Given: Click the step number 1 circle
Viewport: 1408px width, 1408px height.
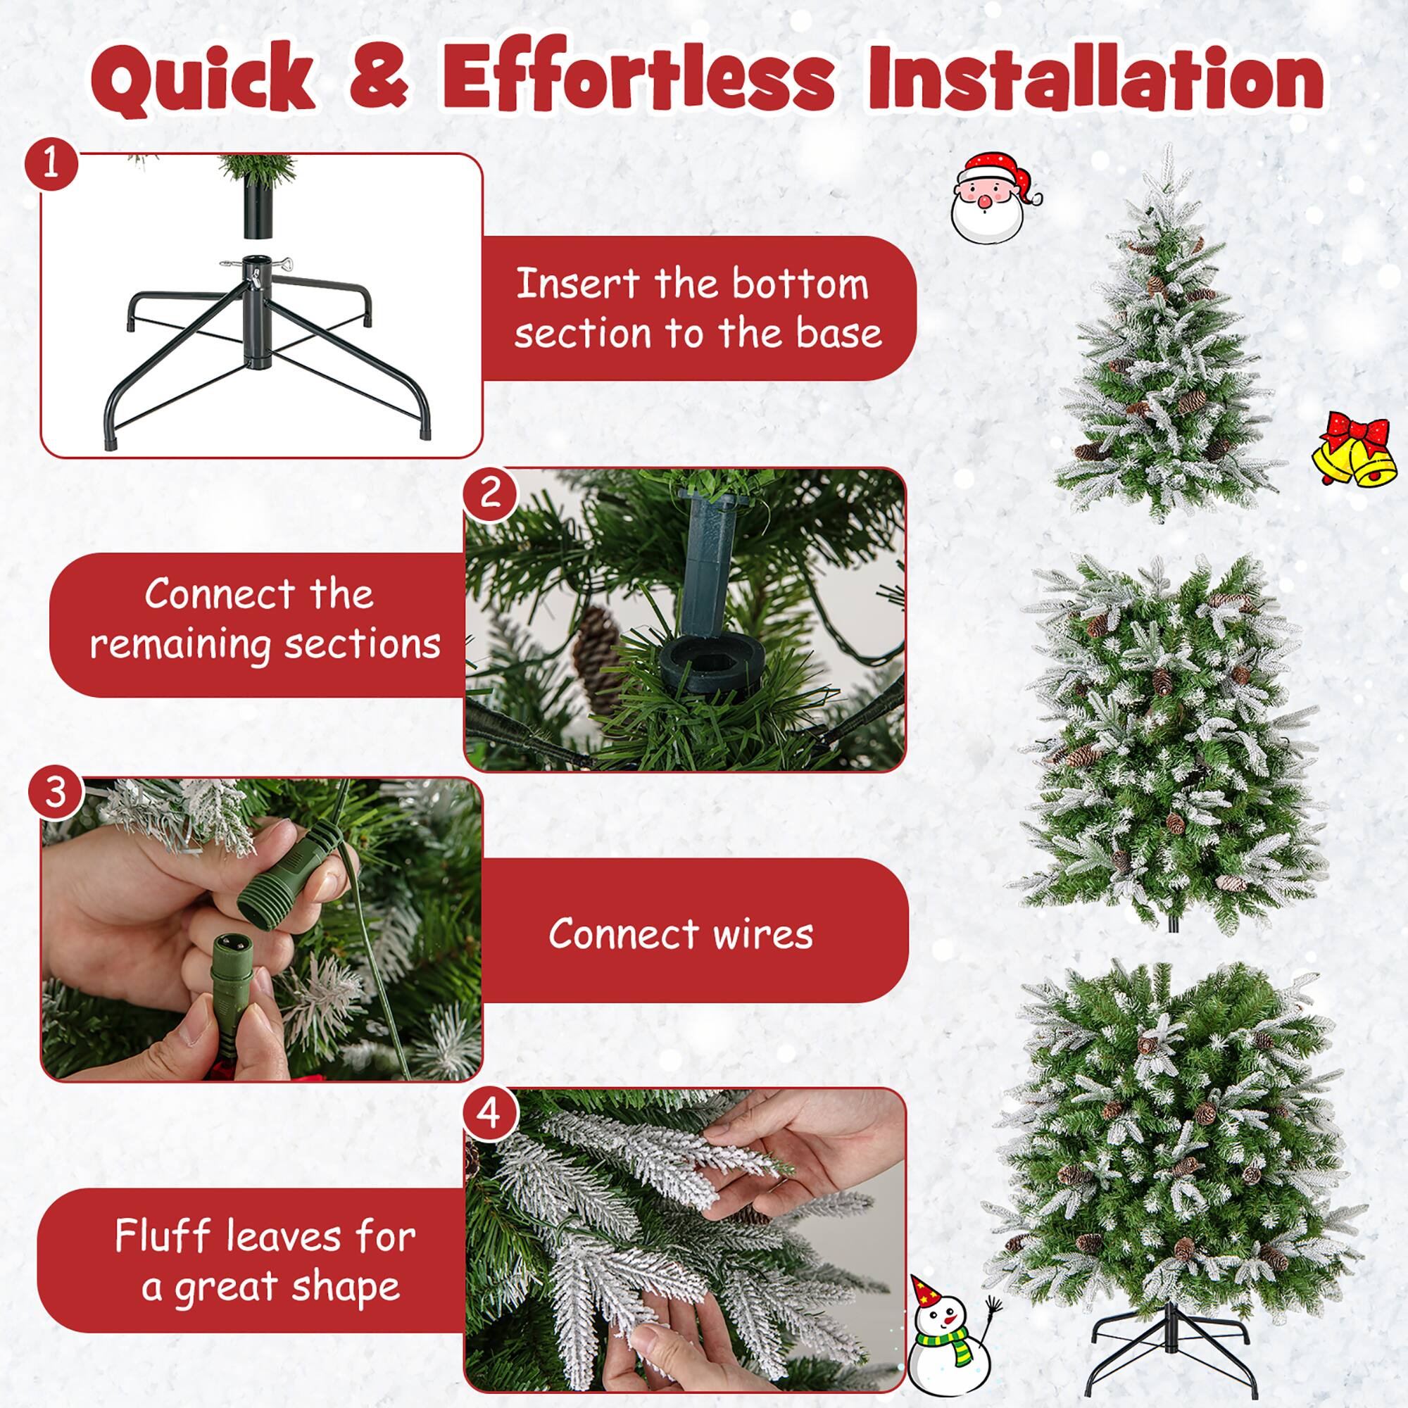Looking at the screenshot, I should point(50,165).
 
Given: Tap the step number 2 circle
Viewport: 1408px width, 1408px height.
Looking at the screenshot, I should point(491,492).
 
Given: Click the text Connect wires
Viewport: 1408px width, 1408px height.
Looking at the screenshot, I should point(680,934).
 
